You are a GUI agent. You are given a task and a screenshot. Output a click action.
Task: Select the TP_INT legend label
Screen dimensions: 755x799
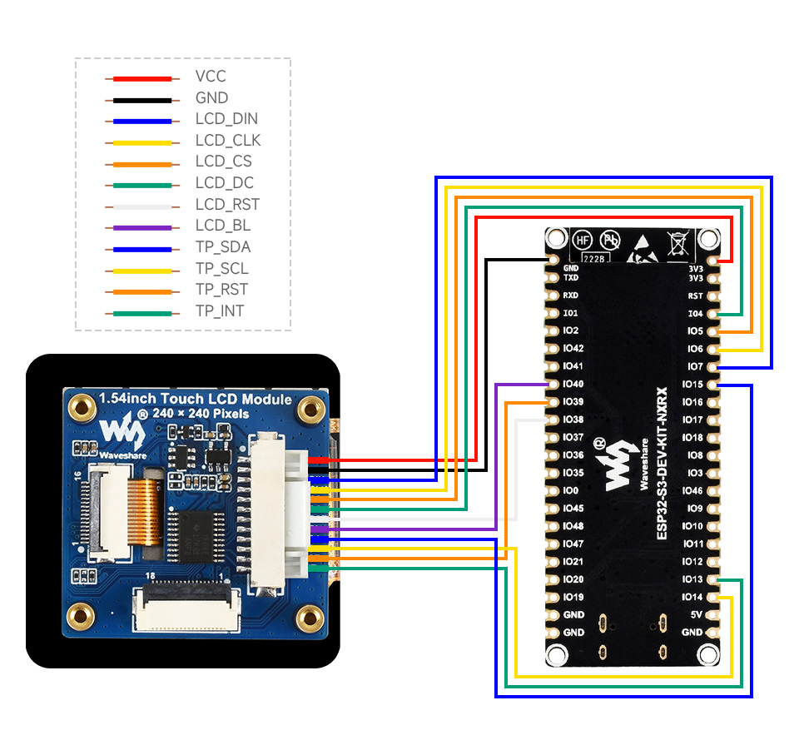[220, 311]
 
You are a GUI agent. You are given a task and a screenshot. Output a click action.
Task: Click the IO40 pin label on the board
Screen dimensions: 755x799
[573, 384]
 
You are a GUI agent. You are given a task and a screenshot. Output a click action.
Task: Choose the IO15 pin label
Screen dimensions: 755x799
[692, 385]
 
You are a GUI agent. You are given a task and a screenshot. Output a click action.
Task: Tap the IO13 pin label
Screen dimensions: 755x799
[692, 579]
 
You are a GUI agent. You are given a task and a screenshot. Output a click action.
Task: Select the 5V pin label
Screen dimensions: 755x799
[696, 615]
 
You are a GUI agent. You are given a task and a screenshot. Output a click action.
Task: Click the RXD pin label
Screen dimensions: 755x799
[571, 295]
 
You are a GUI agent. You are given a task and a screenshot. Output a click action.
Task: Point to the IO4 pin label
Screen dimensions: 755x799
[696, 314]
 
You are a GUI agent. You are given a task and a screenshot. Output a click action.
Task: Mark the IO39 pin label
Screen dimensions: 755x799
[573, 402]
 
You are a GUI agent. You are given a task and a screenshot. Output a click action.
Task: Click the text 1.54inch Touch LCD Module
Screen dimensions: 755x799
[196, 400]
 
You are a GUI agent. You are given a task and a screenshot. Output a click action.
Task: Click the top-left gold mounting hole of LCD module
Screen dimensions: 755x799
[81, 408]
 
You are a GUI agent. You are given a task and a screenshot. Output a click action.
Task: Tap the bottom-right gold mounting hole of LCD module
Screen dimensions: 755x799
[310, 617]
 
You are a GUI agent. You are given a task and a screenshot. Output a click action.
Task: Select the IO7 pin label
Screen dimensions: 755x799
[696, 367]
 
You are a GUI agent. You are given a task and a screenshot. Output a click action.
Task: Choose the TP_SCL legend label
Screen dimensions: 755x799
[221, 268]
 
